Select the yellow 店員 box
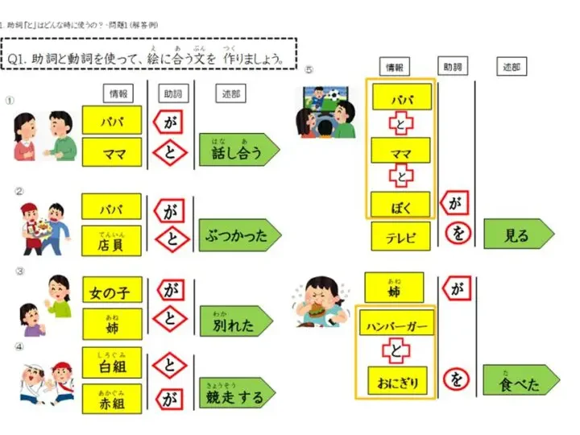pyautogui.click(x=111, y=239)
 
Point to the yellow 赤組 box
pyautogui.click(x=111, y=398)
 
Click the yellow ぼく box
pyautogui.click(x=401, y=205)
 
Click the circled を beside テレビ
pyautogui.click(x=457, y=234)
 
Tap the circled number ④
pyautogui.click(x=10, y=348)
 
